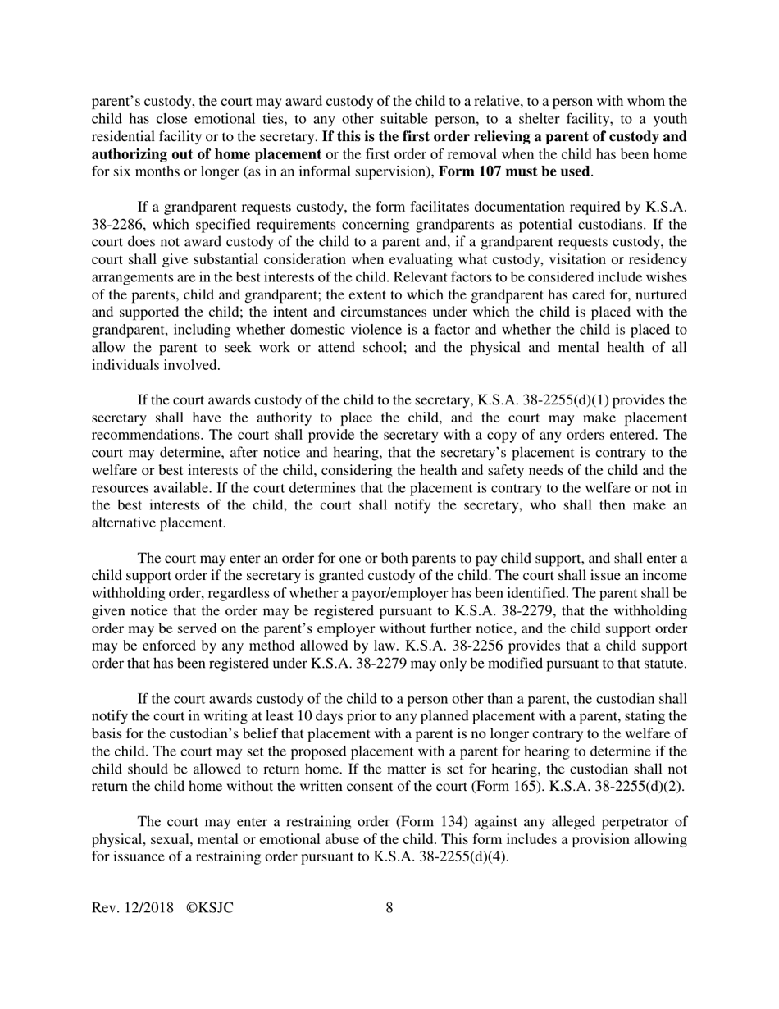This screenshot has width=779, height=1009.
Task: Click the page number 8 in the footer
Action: coord(389,907)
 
